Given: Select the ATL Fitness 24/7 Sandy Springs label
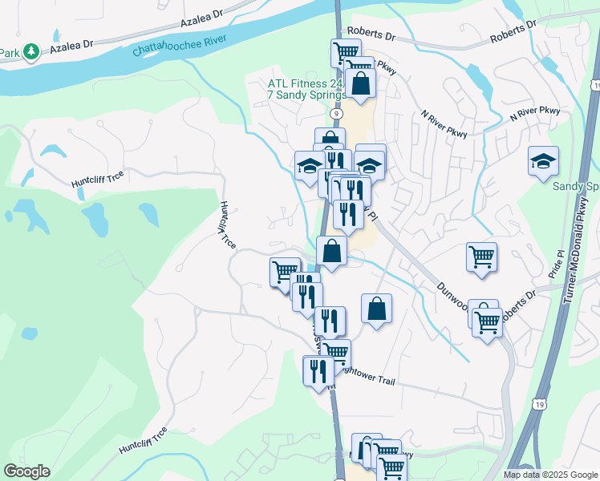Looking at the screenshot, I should [307, 89].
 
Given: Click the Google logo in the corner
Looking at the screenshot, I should [26, 471].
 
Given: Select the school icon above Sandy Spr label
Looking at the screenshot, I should [543, 160].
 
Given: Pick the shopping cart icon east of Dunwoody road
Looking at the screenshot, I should [480, 257].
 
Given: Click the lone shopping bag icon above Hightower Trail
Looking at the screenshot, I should [376, 308].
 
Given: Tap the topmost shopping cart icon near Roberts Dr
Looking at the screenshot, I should [345, 52].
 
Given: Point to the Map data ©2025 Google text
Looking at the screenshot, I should [550, 475].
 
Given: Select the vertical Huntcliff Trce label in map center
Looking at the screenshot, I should [225, 225].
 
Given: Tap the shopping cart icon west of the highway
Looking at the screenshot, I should [284, 271].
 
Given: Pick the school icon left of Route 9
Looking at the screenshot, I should [309, 165].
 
